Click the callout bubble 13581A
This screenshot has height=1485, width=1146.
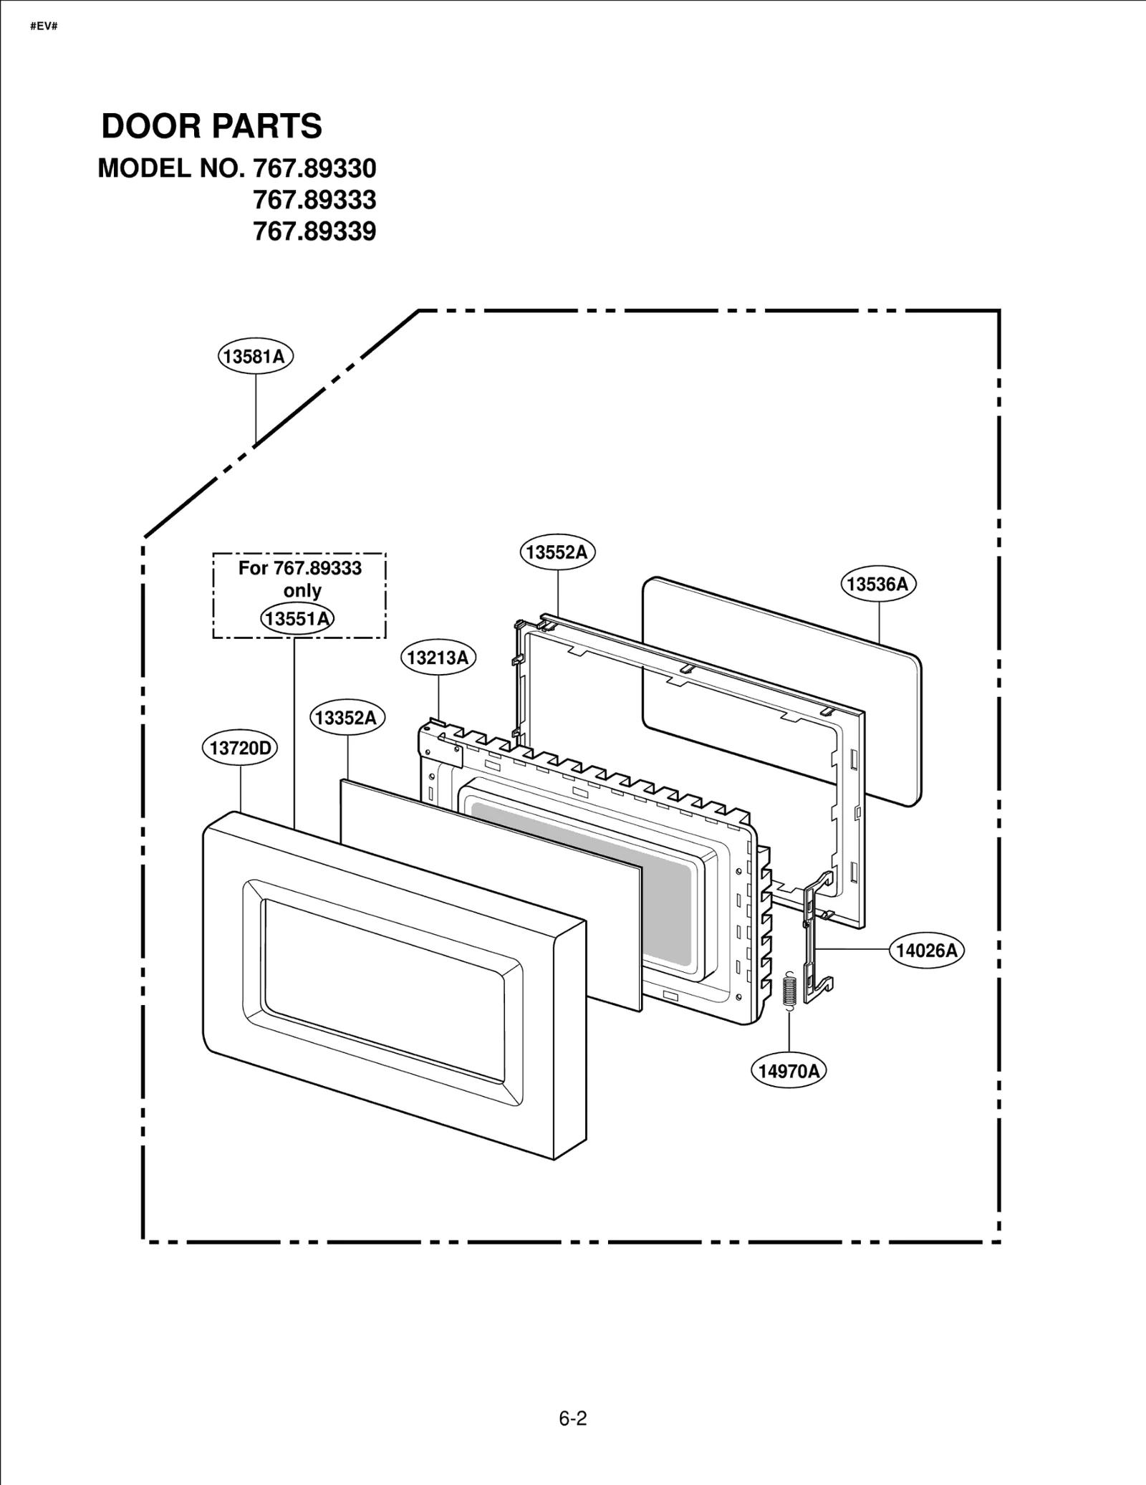coord(256,356)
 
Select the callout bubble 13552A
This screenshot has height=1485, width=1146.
coord(557,552)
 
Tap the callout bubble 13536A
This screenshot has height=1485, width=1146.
coord(877,584)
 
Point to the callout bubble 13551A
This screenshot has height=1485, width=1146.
coord(297,617)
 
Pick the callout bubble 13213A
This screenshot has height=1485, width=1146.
coord(438,657)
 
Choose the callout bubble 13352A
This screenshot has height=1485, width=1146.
coord(347,718)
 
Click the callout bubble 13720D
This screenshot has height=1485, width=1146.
coord(239,749)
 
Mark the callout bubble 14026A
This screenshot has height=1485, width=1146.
coord(927,950)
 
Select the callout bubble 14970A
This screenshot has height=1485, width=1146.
coord(789,1071)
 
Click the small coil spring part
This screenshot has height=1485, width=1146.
coord(789,991)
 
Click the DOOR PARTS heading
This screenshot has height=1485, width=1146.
coord(212,126)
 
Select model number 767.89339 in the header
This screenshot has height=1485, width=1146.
coord(314,231)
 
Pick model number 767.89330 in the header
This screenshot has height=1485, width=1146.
coord(314,168)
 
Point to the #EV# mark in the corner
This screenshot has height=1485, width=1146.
coord(44,27)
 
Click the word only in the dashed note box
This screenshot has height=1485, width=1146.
coord(302,591)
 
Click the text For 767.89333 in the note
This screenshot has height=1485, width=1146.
coord(300,568)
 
